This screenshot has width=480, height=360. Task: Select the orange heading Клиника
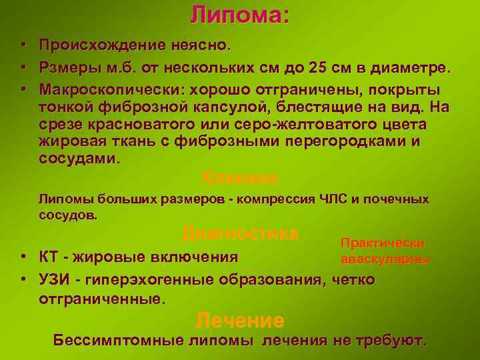pyautogui.click(x=239, y=178)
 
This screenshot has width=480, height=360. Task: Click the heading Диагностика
pyautogui.click(x=239, y=234)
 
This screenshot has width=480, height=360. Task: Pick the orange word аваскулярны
pyautogui.click(x=385, y=259)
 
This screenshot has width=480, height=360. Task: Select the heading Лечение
pyautogui.click(x=240, y=321)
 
